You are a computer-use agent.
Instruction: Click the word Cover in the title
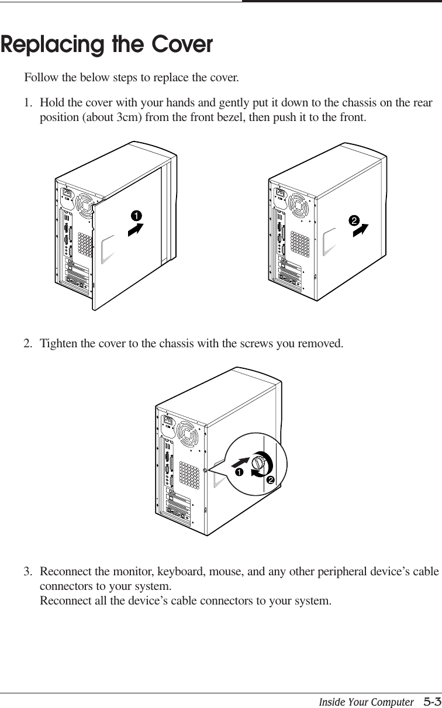point(182,45)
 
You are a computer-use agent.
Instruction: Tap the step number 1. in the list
point(28,103)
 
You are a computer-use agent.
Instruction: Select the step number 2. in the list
point(28,343)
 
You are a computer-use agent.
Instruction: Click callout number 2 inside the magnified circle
point(270,480)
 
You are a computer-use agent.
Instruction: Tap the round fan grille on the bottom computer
point(189,434)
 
